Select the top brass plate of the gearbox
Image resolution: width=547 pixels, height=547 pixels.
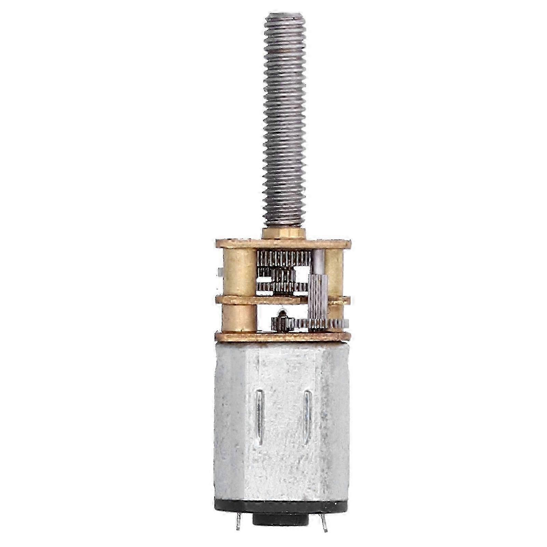283,244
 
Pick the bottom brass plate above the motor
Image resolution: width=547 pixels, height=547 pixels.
283,337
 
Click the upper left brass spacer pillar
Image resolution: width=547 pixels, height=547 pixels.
239,272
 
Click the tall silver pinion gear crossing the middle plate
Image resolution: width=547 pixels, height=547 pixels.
318,301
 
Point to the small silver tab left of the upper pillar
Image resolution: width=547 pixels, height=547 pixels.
219,272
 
